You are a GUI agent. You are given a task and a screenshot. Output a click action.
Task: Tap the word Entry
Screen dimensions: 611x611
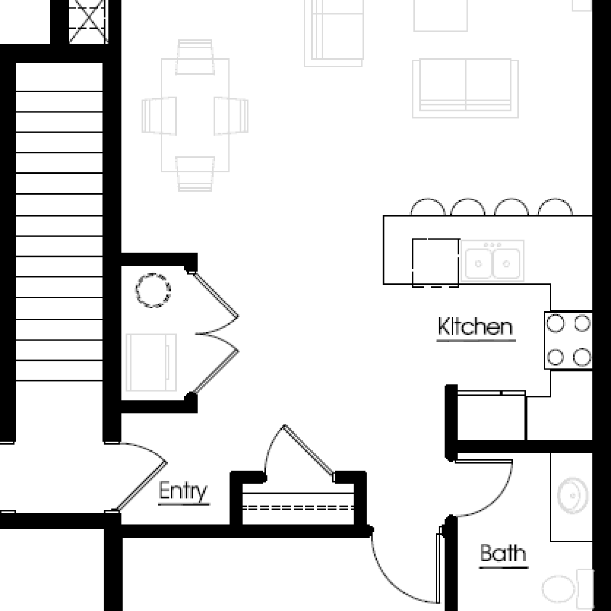183,491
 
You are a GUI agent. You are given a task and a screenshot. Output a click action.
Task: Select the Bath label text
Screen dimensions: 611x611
503,553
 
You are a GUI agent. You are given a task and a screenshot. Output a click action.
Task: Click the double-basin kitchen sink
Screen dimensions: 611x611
492,261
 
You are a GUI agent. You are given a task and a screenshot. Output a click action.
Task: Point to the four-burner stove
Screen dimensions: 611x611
568,340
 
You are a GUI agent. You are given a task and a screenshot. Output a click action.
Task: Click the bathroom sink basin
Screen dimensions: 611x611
572,496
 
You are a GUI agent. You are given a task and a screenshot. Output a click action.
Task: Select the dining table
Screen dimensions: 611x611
195,115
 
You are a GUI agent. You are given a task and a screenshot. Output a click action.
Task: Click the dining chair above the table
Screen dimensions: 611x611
195,57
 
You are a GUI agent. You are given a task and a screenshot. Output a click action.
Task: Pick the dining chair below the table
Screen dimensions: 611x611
195,174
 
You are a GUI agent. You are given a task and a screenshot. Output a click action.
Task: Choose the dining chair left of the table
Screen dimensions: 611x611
159,116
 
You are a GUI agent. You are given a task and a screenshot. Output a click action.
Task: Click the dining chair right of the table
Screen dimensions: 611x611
231,116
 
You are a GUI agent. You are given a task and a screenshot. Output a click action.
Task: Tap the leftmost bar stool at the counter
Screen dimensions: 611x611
428,207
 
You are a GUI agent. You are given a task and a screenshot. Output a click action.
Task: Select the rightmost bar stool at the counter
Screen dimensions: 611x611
556,207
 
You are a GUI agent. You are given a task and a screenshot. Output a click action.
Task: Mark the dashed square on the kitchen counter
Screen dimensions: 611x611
436,263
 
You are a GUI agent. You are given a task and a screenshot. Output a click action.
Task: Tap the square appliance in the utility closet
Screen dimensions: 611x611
151,362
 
